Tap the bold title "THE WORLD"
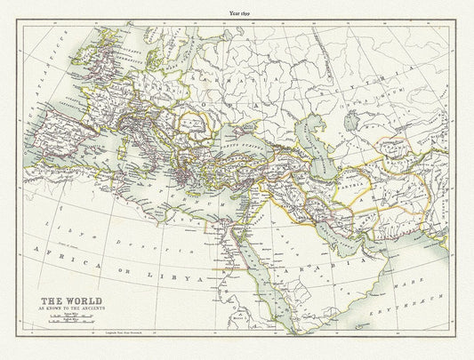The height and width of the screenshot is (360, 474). point(66,300)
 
